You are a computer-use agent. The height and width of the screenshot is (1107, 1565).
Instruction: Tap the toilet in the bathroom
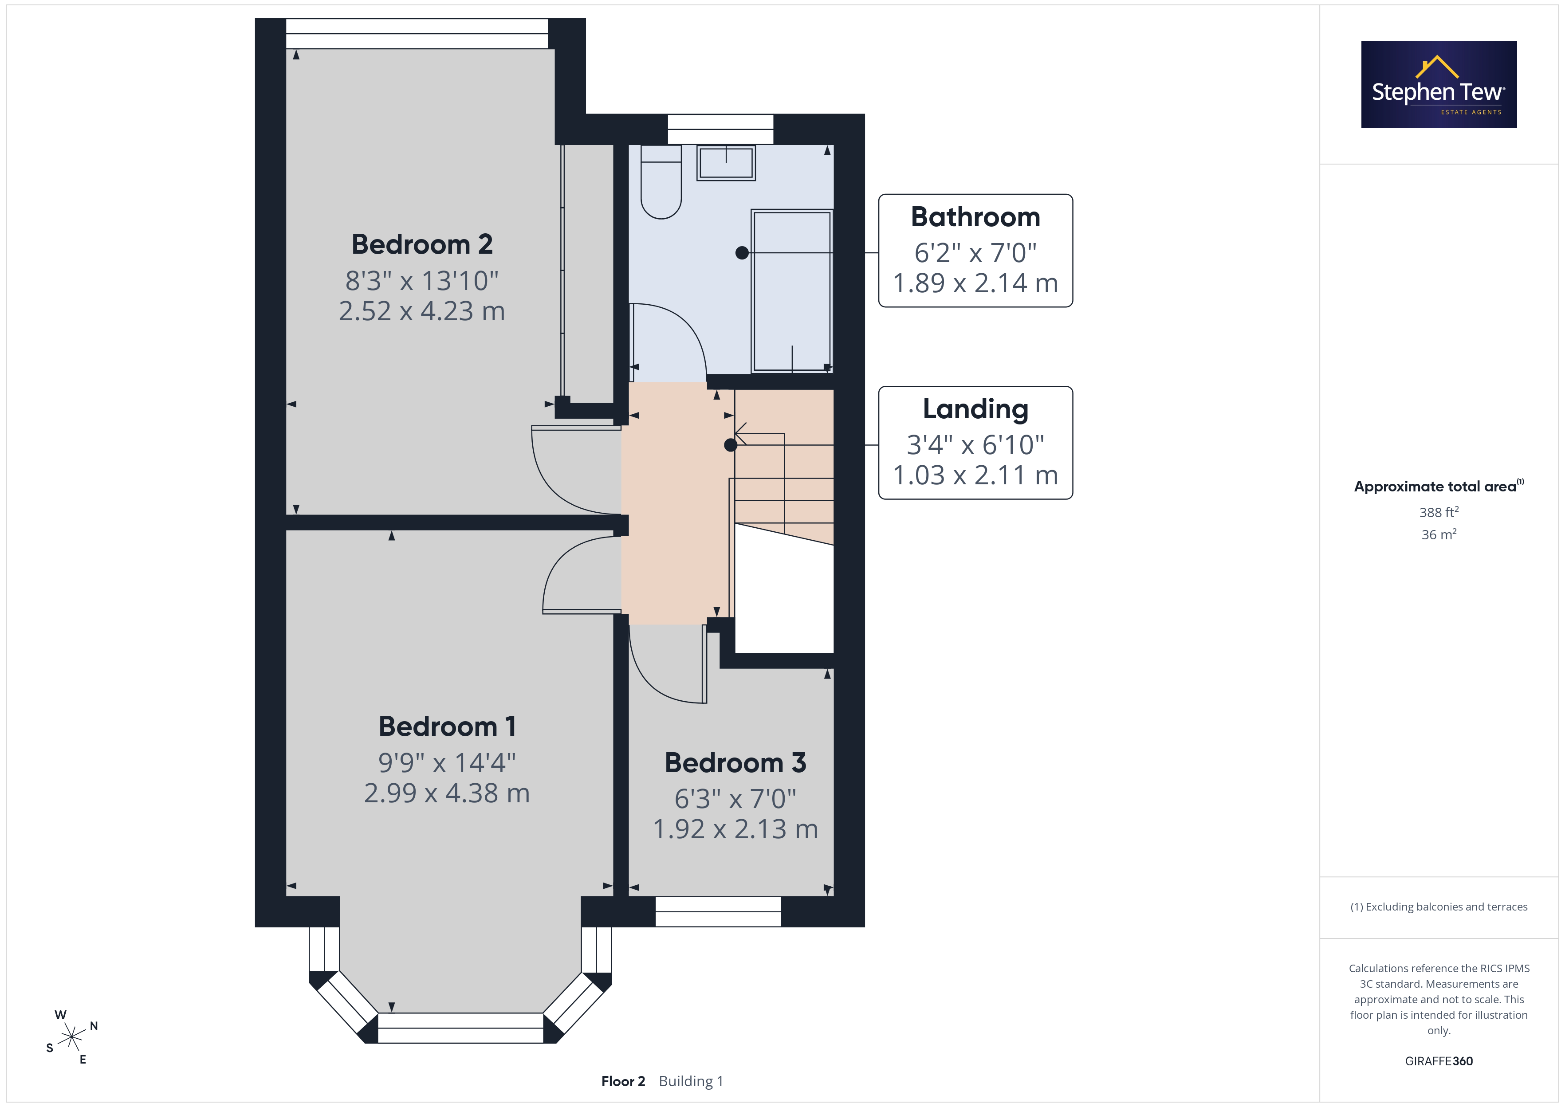tap(661, 181)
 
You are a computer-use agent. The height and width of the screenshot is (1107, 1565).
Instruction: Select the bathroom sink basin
tap(726, 163)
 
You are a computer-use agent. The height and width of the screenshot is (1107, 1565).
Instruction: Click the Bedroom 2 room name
tap(422, 244)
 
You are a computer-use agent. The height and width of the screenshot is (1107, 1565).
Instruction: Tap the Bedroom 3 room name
tap(735, 763)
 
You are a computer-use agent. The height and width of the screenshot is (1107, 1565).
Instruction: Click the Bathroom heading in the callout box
tap(975, 217)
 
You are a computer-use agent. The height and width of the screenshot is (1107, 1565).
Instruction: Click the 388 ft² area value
tap(1439, 512)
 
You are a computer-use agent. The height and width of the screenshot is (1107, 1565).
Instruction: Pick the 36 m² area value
tap(1439, 534)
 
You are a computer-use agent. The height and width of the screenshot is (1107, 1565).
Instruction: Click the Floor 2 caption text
tap(623, 1081)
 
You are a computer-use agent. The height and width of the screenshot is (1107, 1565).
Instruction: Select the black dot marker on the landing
tap(731, 445)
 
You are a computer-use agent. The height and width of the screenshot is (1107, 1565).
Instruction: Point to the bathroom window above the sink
tap(720, 129)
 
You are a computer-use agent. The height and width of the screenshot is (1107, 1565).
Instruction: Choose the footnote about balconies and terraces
tap(1439, 907)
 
